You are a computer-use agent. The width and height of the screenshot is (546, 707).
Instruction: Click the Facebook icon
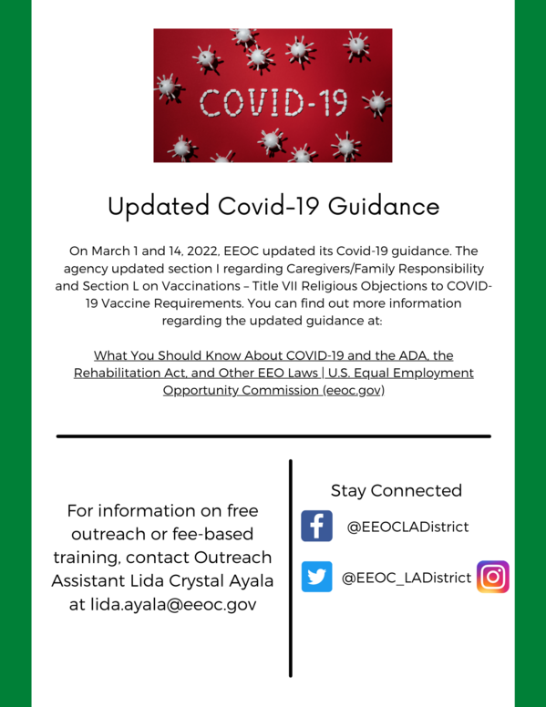(316, 527)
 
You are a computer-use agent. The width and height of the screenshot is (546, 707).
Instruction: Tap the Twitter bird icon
(316, 577)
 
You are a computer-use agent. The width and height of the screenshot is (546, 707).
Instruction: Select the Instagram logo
(493, 577)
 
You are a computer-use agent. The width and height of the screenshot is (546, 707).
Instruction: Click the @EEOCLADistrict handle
(407, 527)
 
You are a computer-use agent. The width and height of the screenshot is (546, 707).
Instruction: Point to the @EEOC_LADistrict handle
(407, 578)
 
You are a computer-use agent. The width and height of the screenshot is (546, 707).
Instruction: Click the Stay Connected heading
(396, 490)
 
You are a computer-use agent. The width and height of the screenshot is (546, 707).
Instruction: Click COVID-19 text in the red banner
(273, 102)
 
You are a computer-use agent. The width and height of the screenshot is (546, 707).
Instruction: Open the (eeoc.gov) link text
(344, 390)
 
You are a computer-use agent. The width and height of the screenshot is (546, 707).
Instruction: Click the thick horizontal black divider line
(273, 436)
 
